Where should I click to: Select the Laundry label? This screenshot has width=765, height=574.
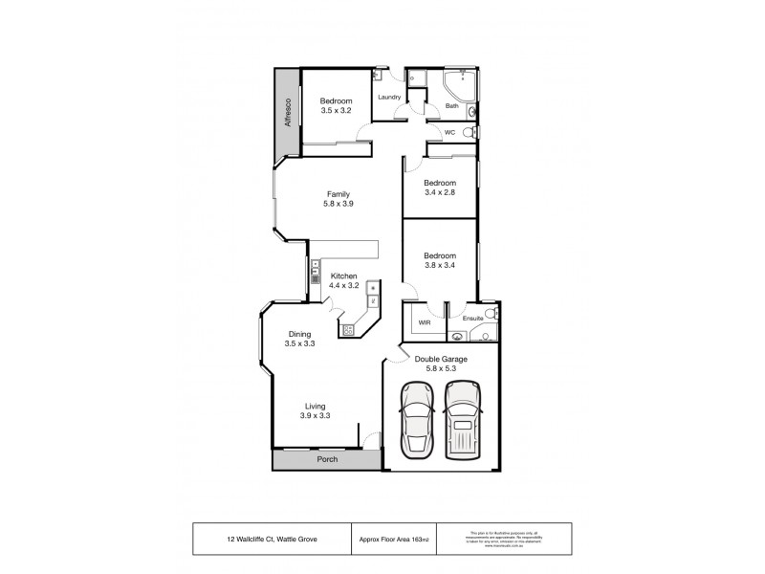(x=388, y=97)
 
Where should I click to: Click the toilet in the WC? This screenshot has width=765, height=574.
(x=468, y=133)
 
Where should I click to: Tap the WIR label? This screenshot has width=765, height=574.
(x=426, y=323)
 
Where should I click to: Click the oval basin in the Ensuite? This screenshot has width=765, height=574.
(x=458, y=336)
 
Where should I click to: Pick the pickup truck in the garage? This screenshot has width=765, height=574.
(x=461, y=420)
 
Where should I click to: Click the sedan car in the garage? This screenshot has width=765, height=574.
(x=416, y=420)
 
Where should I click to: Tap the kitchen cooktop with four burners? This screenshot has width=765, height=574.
(x=348, y=329)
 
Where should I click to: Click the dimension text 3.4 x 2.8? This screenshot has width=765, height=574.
(x=439, y=192)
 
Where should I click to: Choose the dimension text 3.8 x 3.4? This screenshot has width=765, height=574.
(x=439, y=266)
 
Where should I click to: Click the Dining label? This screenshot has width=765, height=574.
(x=299, y=333)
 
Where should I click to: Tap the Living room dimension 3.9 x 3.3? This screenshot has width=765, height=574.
(x=314, y=415)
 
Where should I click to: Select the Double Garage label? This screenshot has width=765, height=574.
(x=440, y=359)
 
